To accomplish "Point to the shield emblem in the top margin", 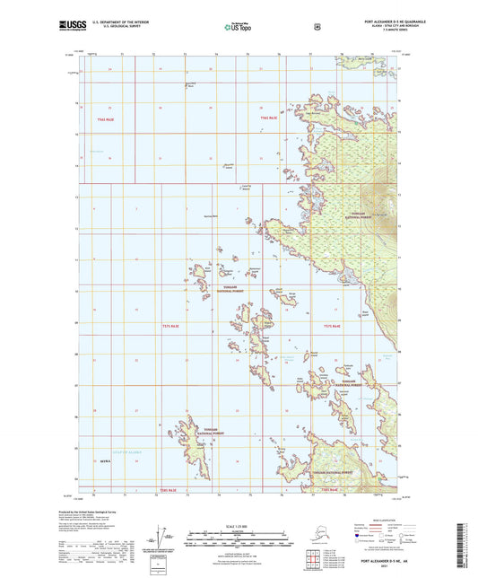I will pyautogui.click(x=317, y=27).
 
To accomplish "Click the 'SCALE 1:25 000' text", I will pyautogui.click(x=239, y=524).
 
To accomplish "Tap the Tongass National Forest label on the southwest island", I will pyautogui.click(x=215, y=432).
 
